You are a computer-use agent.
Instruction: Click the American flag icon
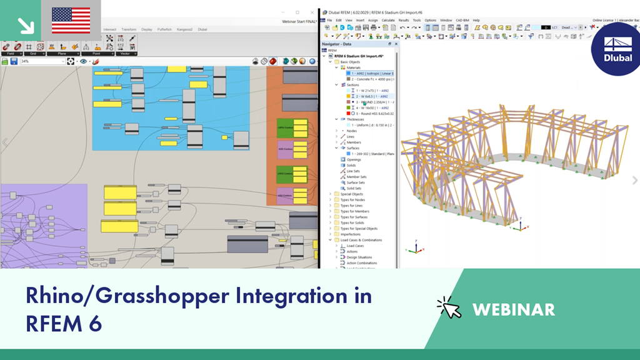70,20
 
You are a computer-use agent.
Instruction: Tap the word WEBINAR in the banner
513,309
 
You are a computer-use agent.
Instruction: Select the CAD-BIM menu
463,20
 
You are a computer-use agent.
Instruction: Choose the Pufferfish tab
164,29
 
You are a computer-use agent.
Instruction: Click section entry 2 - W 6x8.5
369,96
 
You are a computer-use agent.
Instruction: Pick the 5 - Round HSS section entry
371,114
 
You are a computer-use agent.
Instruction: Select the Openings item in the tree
354,159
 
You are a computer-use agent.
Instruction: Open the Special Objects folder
351,194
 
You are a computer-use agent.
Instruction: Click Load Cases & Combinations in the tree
361,240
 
